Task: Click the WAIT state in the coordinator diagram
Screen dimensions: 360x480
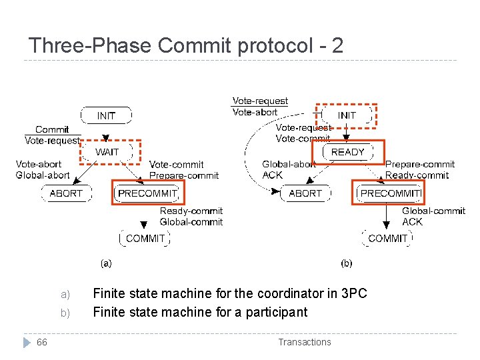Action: click(x=107, y=152)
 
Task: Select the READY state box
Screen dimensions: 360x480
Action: click(x=348, y=152)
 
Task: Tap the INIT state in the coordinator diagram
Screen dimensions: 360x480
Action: click(x=106, y=115)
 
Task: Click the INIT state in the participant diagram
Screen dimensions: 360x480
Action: click(x=347, y=115)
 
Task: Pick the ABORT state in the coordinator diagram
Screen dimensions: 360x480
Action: click(x=67, y=193)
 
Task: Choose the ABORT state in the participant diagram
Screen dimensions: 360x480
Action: click(x=305, y=193)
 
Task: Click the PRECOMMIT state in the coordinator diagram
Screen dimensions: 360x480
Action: click(x=147, y=193)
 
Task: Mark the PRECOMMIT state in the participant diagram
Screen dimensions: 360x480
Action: click(x=390, y=193)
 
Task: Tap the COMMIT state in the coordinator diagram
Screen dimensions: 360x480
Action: click(x=145, y=238)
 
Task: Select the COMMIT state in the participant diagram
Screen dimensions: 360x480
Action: click(x=387, y=238)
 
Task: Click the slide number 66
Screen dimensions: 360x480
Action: click(x=42, y=342)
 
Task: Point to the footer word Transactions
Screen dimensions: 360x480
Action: click(x=304, y=342)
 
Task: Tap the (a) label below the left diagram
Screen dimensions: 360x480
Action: click(x=106, y=263)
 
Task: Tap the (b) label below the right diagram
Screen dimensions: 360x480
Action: click(x=347, y=263)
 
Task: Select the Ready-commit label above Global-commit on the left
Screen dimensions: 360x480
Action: click(x=191, y=211)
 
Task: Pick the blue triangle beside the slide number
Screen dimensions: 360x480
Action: click(x=27, y=342)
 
